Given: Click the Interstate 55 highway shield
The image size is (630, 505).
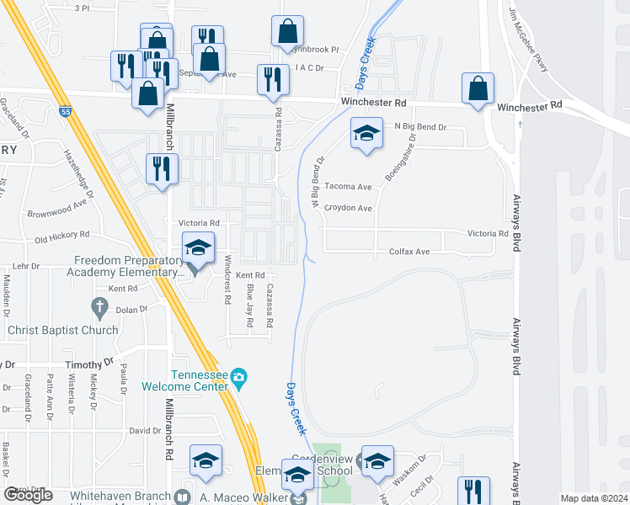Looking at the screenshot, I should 66,111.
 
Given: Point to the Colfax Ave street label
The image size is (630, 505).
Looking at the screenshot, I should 409,252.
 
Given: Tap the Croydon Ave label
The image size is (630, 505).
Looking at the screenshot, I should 348,208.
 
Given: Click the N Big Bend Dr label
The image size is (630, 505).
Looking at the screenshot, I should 419,126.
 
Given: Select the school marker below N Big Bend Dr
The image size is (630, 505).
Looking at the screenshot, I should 366,134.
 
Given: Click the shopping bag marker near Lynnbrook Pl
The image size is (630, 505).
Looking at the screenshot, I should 287,31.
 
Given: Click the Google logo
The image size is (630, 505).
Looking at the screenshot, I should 29,495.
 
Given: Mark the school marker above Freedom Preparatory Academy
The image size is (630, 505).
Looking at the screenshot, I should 198,247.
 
